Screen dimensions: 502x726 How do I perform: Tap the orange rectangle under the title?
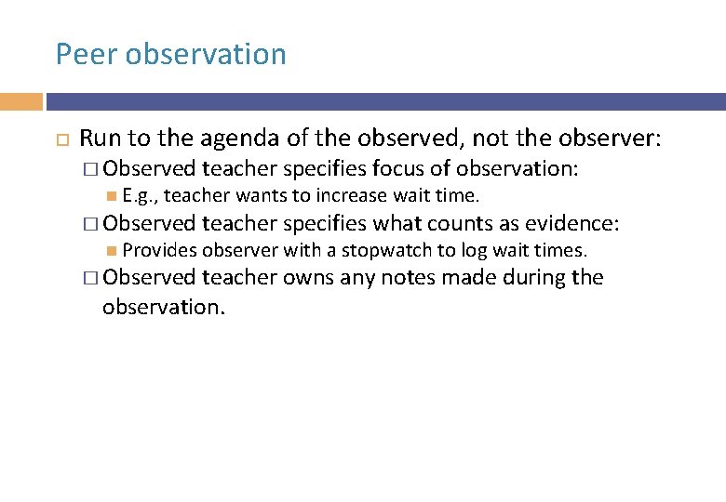(20, 101)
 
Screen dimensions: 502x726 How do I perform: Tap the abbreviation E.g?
(140, 195)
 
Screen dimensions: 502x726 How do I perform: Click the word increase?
(351, 195)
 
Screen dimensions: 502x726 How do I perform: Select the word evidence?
(572, 223)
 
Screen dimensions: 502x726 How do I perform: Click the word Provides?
(160, 250)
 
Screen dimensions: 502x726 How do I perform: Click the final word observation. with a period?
(164, 307)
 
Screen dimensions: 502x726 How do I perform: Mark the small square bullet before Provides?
(112, 250)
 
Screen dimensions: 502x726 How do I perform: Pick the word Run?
(100, 139)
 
